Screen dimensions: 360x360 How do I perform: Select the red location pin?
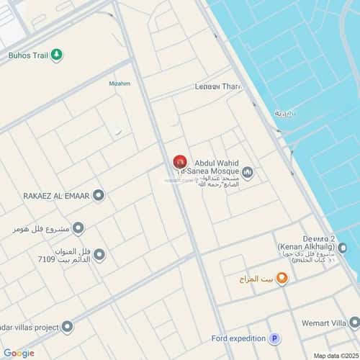pyautogui.click(x=179, y=163)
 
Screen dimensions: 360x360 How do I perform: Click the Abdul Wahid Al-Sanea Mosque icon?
pyautogui.click(x=248, y=172)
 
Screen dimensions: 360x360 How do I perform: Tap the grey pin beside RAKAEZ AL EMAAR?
pyautogui.click(x=99, y=195)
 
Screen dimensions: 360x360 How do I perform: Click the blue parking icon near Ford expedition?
pyautogui.click(x=274, y=338)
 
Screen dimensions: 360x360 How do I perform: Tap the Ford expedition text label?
pyautogui.click(x=238, y=338)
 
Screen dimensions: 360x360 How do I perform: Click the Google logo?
pyautogui.click(x=19, y=353)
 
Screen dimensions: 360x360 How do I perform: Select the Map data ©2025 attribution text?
pyautogui.click(x=334, y=355)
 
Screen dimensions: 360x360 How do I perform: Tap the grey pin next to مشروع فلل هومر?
pyautogui.click(x=78, y=229)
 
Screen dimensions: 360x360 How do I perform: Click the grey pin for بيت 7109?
pyautogui.click(x=99, y=255)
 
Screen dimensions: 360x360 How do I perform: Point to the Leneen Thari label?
pyautogui.click(x=217, y=86)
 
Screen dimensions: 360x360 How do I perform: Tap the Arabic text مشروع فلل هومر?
pyautogui.click(x=40, y=229)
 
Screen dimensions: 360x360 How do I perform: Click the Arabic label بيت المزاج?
pyautogui.click(x=255, y=278)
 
